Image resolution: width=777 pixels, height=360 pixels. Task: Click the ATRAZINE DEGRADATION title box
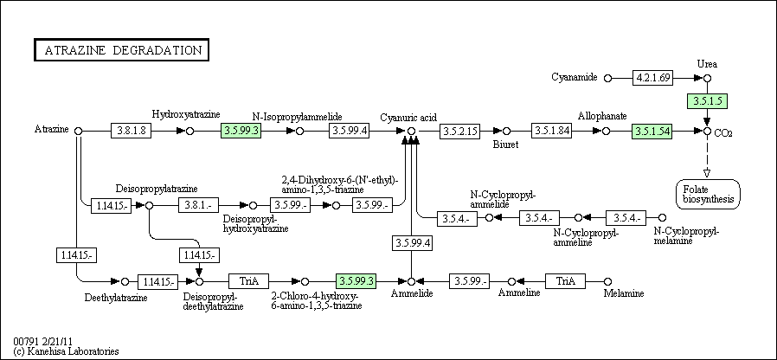pyautogui.click(x=121, y=50)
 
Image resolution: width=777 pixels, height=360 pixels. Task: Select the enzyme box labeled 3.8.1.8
pyautogui.click(x=131, y=131)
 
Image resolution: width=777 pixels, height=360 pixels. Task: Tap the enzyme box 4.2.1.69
pyautogui.click(x=652, y=78)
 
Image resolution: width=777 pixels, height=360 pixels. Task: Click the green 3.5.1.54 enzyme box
pyautogui.click(x=652, y=131)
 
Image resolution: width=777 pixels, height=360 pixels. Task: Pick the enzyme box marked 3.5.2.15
pyautogui.click(x=459, y=131)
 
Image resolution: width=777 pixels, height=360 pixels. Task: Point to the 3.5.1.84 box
pyautogui.click(x=551, y=131)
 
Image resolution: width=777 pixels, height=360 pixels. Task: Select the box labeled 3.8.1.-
pyautogui.click(x=198, y=204)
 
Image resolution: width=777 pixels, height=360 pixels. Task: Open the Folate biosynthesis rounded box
pyautogui.click(x=708, y=194)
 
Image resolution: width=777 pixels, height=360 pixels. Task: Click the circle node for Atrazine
pyautogui.click(x=78, y=131)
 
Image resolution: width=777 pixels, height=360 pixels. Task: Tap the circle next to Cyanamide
pyautogui.click(x=608, y=78)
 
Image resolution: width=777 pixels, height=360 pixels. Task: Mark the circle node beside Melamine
pyautogui.click(x=608, y=281)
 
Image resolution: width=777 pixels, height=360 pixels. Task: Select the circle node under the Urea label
pyautogui.click(x=708, y=78)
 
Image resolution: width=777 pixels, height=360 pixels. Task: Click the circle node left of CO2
pyautogui.click(x=708, y=131)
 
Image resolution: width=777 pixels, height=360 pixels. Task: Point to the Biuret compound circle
pyautogui.click(x=506, y=131)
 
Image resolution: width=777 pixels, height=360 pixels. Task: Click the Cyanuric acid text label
pyautogui.click(x=408, y=118)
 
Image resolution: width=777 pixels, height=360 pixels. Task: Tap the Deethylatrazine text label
pyautogui.click(x=116, y=297)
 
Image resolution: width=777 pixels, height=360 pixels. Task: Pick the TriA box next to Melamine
pyautogui.click(x=565, y=281)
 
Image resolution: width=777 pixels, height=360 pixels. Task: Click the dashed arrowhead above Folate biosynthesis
pyautogui.click(x=708, y=173)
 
